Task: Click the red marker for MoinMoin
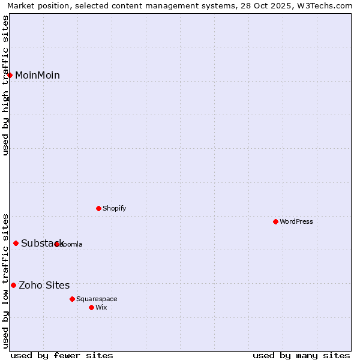[x=10, y=75]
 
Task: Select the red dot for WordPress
[x=275, y=221]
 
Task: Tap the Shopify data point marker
[x=98, y=208]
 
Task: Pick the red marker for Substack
[x=16, y=243]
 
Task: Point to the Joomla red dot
[x=57, y=244]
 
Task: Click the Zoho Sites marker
[x=13, y=285]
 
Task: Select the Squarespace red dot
[x=72, y=299]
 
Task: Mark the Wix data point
[x=91, y=307]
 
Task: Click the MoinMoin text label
[x=37, y=75]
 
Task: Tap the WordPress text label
[x=296, y=221]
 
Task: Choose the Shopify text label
[x=114, y=208]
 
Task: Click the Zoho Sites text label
[x=44, y=285]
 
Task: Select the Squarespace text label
[x=97, y=299]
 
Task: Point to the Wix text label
[x=101, y=307]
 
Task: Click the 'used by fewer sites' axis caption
[x=62, y=355]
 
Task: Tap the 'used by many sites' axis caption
[x=301, y=355]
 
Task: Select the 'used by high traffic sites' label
[x=5, y=85]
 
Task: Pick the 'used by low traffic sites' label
[x=5, y=281]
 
